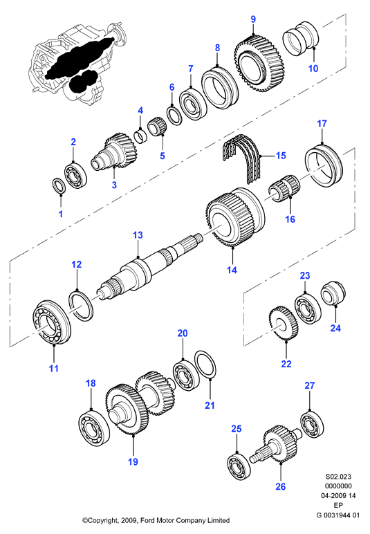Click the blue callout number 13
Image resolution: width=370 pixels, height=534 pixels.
click(138, 235)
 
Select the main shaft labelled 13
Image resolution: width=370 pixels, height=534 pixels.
click(150, 266)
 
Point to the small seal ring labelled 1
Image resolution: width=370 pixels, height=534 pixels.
click(59, 186)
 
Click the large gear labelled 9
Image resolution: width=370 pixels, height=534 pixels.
click(259, 63)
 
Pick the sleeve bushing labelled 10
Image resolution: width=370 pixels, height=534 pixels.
click(302, 37)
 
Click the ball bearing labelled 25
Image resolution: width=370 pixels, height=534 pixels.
click(239, 467)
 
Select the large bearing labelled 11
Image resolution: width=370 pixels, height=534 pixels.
click(52, 322)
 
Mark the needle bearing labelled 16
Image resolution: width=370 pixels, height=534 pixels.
click(284, 188)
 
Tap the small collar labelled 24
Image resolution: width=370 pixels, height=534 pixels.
click(333, 293)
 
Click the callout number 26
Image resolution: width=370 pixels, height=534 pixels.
click(281, 486)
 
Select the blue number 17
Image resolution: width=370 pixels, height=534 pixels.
click(322, 123)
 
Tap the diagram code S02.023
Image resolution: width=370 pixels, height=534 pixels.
click(338, 477)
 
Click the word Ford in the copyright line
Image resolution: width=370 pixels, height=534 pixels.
click(147, 520)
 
